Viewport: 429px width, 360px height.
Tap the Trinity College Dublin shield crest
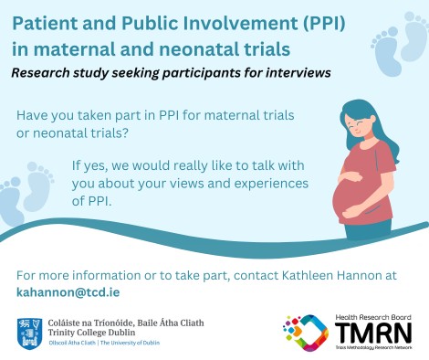tap(27, 332)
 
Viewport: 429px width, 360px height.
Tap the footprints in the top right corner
tap(401, 45)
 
